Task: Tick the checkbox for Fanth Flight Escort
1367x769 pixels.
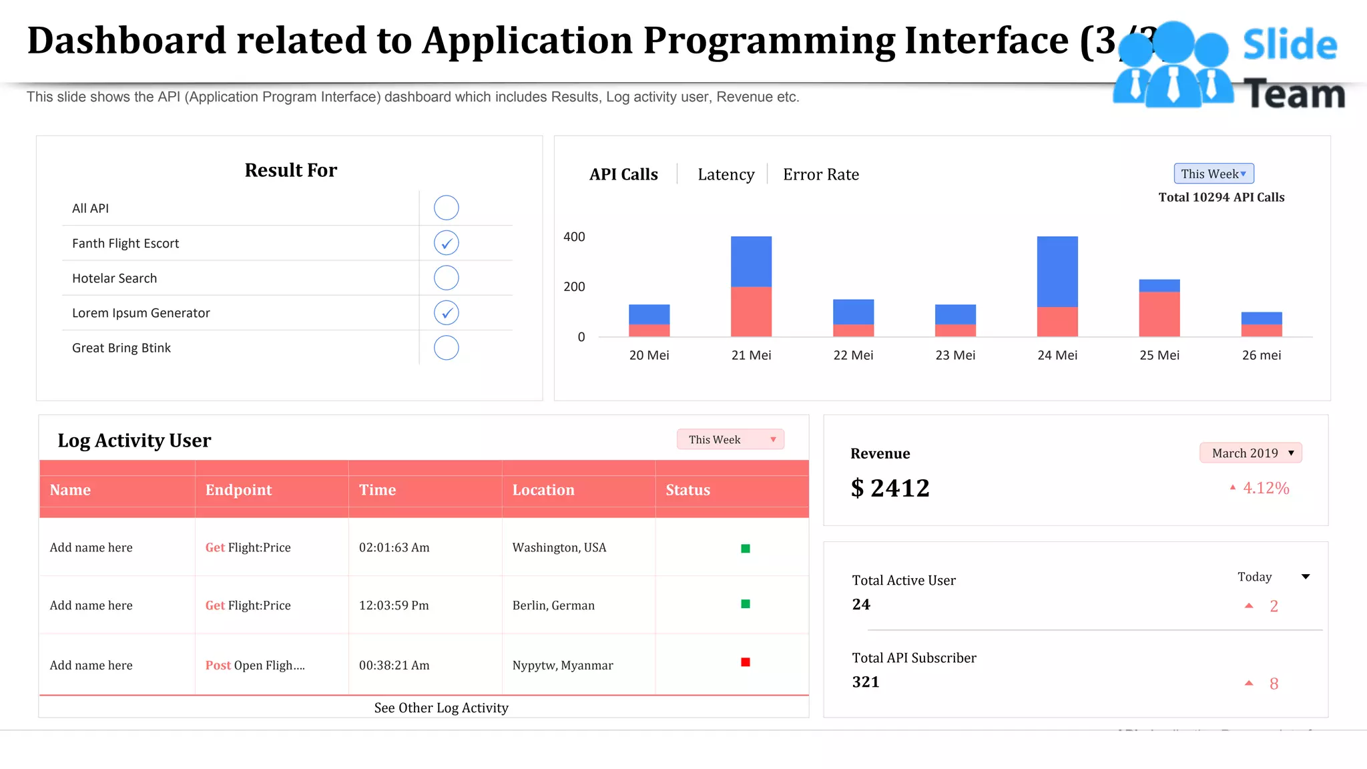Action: click(x=446, y=243)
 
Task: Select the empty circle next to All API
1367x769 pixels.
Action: click(x=446, y=208)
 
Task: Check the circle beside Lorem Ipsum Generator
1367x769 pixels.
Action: click(x=446, y=312)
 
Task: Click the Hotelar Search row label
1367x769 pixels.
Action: click(x=115, y=278)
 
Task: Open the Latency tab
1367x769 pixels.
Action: click(x=726, y=175)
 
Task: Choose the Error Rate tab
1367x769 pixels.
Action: click(x=820, y=175)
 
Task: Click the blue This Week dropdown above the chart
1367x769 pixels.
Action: click(x=1213, y=174)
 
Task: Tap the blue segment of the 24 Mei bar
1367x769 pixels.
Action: click(x=1057, y=271)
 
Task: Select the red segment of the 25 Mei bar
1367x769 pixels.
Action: click(x=1159, y=314)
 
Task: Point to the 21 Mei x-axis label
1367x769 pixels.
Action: click(x=751, y=355)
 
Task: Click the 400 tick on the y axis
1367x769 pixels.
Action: click(x=574, y=237)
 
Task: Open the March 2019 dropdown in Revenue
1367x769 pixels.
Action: click(x=1250, y=453)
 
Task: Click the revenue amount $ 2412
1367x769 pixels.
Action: click(x=890, y=489)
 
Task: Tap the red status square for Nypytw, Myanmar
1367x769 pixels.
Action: click(x=746, y=662)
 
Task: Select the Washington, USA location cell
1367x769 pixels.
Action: click(x=559, y=547)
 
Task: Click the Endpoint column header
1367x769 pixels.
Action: click(x=238, y=490)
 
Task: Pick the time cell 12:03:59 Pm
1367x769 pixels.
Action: click(x=394, y=605)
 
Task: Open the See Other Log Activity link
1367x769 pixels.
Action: click(x=441, y=708)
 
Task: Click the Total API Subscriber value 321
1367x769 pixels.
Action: click(x=866, y=682)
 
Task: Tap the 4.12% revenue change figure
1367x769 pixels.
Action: click(x=1266, y=488)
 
